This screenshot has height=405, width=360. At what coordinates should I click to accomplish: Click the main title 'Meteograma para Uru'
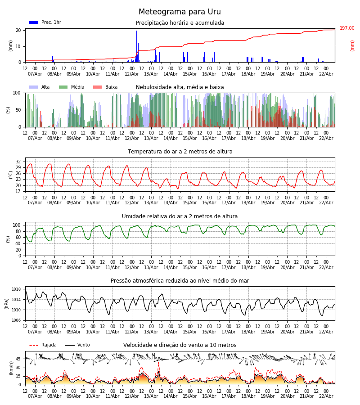click(x=180, y=12)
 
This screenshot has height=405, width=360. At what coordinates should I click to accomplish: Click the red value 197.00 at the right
click(x=347, y=28)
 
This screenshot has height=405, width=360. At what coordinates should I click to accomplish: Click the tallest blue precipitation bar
click(x=137, y=45)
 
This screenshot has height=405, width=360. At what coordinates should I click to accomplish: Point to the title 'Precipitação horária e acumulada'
click(x=180, y=23)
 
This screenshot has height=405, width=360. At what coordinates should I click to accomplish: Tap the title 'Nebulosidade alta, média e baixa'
click(x=180, y=87)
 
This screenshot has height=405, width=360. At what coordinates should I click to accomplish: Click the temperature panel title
click(x=180, y=152)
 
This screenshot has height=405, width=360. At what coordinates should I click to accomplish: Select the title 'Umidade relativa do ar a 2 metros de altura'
click(x=180, y=216)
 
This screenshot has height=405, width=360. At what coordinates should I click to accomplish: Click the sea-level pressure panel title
click(x=180, y=281)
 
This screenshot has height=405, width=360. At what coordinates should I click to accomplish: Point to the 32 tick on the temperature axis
click(x=18, y=162)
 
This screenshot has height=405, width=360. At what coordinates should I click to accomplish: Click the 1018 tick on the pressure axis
click(x=17, y=289)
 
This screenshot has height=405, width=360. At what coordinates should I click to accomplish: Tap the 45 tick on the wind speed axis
click(x=18, y=359)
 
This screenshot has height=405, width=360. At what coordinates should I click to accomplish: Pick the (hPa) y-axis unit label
click(x=7, y=303)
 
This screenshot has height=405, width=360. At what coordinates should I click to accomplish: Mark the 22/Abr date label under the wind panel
click(x=326, y=396)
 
